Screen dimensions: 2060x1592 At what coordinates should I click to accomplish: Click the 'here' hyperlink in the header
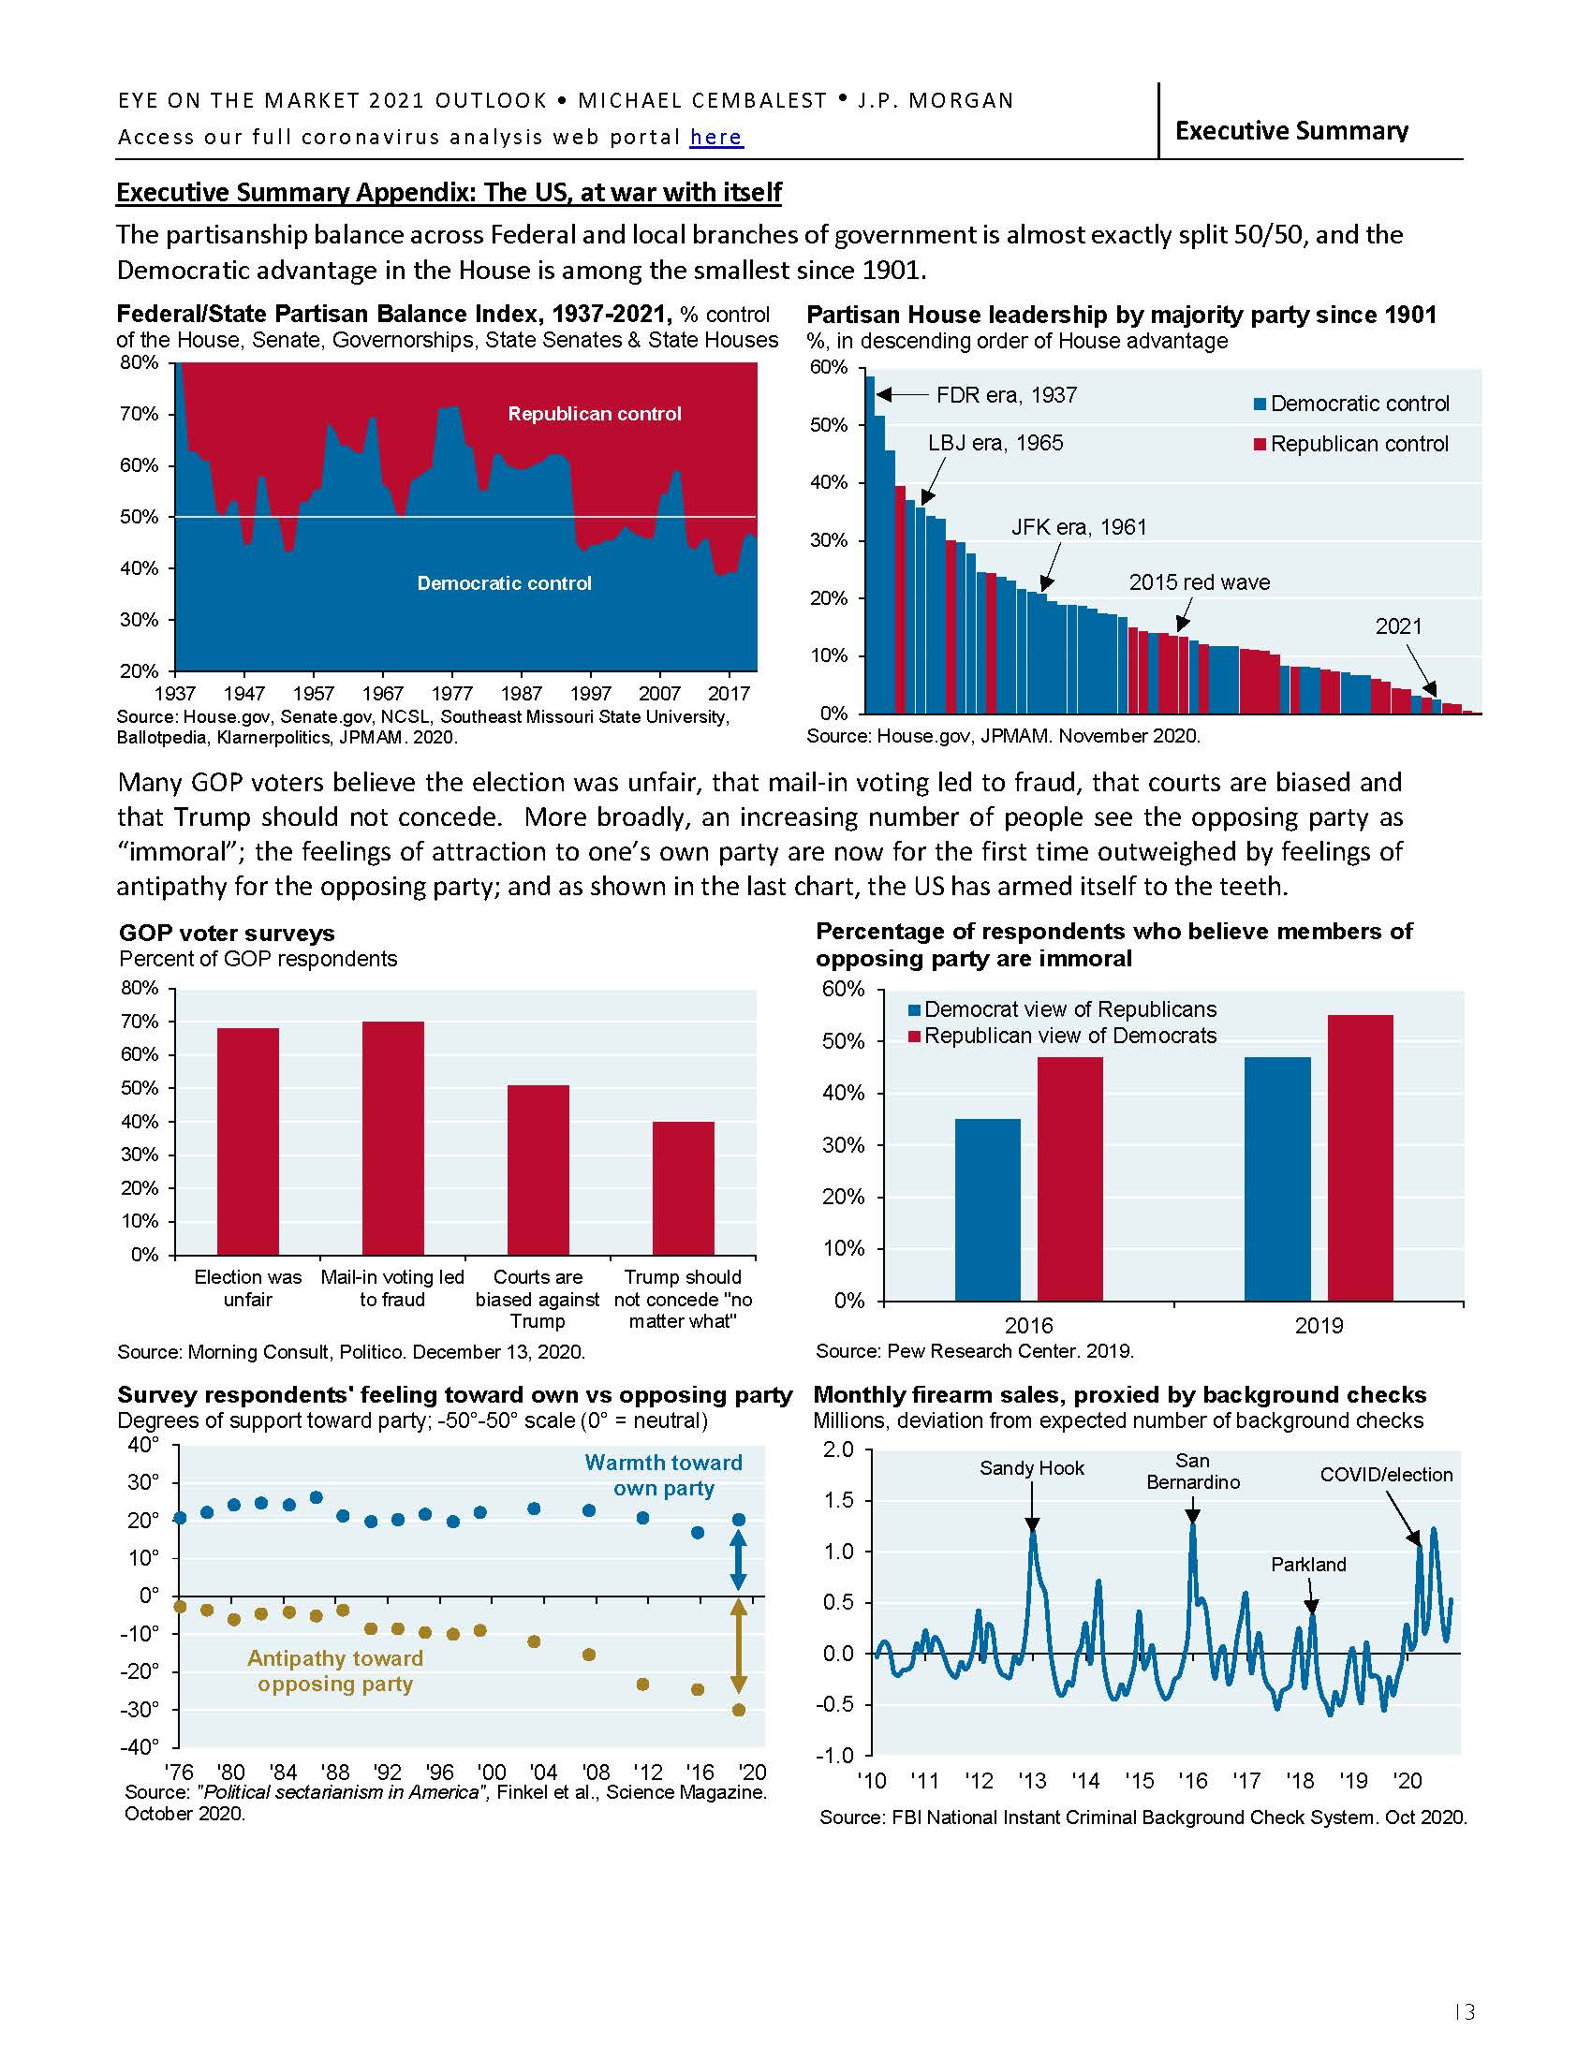[x=715, y=138]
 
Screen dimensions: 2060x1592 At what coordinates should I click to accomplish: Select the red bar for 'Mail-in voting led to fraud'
[x=393, y=1138]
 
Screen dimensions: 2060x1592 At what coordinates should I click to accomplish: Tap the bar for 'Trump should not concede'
[x=684, y=1187]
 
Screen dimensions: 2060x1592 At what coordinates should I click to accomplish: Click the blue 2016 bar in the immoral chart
[x=987, y=1209]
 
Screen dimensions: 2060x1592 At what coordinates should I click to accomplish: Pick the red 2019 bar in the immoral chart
[x=1360, y=1157]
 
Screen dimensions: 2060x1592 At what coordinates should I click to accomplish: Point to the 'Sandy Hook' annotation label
[x=1032, y=1468]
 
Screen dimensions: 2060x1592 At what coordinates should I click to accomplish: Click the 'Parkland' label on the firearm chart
[x=1308, y=1565]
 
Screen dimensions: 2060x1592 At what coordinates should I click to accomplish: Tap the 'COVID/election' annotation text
[x=1385, y=1475]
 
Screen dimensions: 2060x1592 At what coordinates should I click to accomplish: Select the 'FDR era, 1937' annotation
[x=1006, y=395]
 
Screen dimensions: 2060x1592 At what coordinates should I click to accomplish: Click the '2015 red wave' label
[x=1199, y=583]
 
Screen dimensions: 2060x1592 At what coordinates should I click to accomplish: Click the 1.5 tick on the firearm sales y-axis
[x=838, y=1501]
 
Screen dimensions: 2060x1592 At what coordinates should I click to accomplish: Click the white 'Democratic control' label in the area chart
[x=505, y=584]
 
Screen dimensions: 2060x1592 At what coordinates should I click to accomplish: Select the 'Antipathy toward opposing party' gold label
[x=335, y=1671]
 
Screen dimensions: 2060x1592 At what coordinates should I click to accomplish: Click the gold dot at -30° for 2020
[x=739, y=1709]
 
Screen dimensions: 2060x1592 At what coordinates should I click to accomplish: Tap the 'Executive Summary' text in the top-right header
[x=1291, y=131]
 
